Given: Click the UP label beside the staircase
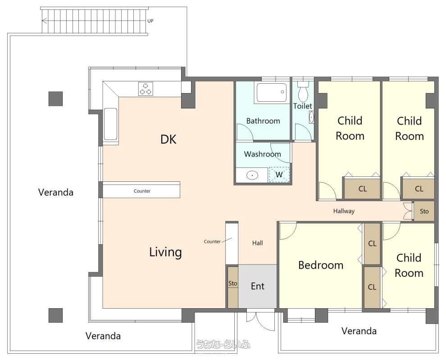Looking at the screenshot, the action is tap(150, 21).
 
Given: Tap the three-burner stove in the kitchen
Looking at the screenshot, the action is tap(146, 89).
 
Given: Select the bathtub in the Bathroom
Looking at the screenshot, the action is tap(271, 92).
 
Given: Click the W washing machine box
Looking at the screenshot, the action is tap(279, 175).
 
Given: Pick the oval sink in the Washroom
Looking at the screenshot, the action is tap(252, 175).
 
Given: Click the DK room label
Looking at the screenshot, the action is tap(168, 139).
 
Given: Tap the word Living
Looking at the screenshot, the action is tap(165, 252).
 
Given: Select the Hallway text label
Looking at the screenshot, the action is tap(344, 211).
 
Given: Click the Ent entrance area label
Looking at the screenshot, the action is tap(258, 286).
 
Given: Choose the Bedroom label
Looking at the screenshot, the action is tap(321, 265).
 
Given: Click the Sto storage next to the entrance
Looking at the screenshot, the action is tap(232, 287).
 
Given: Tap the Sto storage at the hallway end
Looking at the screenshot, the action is tap(424, 211).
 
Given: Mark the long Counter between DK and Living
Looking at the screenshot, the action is tap(141, 190).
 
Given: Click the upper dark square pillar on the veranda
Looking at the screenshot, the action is tap(55, 99).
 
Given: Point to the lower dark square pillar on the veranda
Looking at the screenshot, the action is tap(55, 315).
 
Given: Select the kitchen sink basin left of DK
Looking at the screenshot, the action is tap(110, 124).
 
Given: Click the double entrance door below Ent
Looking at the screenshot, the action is tap(260, 321).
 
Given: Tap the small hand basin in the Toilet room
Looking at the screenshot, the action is tap(311, 117).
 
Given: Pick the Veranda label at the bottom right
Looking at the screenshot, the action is tap(359, 331).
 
